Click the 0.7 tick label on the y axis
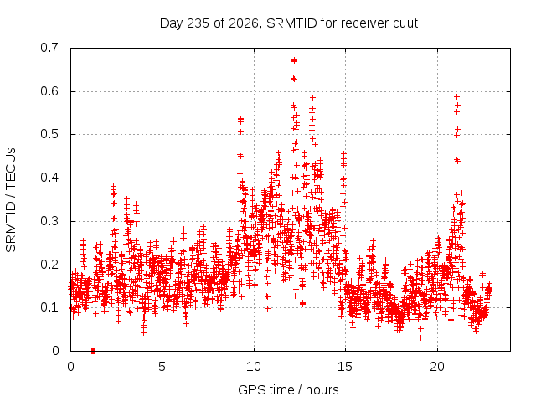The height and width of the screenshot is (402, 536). click(49, 48)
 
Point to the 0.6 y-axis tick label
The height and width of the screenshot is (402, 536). click(49, 91)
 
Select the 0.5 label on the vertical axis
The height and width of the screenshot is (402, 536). click(49, 134)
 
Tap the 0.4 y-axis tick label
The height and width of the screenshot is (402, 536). click(49, 178)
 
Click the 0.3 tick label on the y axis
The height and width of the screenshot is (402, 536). click(49, 221)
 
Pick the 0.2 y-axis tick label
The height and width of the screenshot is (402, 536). click(49, 265)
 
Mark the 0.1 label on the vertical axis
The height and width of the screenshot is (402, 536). click(49, 307)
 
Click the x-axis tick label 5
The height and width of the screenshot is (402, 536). click(162, 367)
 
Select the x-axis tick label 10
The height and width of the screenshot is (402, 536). click(254, 367)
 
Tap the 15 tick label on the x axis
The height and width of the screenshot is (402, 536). click(345, 367)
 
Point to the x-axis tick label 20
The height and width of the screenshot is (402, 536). click(437, 367)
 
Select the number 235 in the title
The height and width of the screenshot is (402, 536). click(198, 23)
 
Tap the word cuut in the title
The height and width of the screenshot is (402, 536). click(405, 23)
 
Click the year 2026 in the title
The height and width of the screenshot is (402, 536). click(244, 23)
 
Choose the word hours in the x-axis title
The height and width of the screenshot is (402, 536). click(322, 390)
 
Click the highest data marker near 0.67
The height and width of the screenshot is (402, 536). click(294, 61)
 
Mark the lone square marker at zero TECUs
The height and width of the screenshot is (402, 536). click(93, 351)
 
